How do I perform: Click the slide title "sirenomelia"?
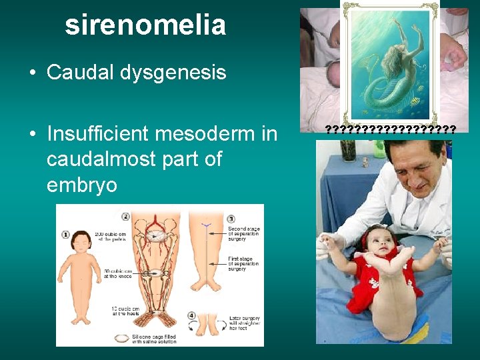(145, 25)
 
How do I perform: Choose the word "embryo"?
(81, 185)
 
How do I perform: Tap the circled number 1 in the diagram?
(65, 234)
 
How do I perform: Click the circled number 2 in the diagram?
(125, 216)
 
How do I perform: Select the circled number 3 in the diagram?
(231, 219)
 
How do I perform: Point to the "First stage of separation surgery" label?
(243, 265)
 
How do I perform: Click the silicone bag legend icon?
(119, 338)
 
